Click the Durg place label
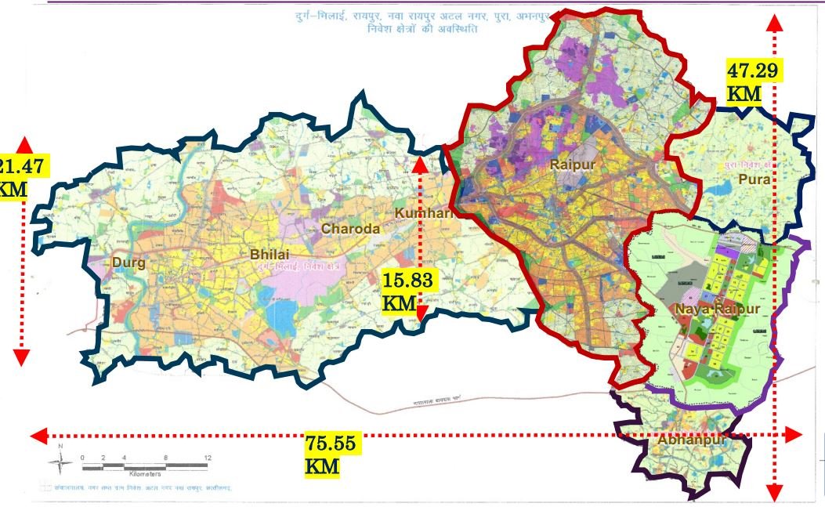click(128, 263)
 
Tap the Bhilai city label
click(270, 255)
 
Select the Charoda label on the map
click(350, 229)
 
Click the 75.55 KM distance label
click(331, 454)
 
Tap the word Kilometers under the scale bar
click(144, 474)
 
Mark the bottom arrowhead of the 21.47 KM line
click(21, 357)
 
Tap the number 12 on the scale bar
click(207, 457)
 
